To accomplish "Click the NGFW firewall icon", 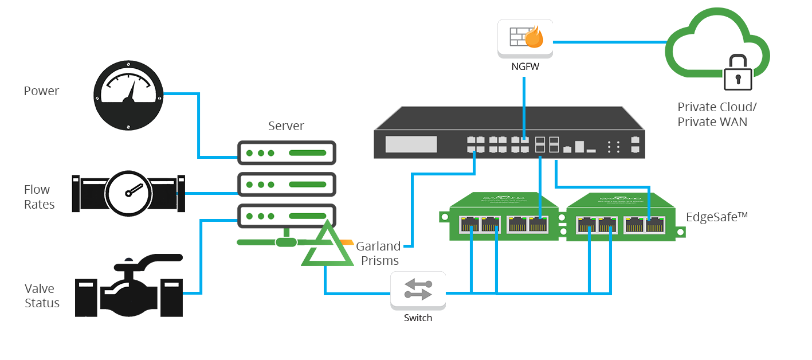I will point(525,38).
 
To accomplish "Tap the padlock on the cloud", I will point(737,73).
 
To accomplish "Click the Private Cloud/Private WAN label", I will point(716,114).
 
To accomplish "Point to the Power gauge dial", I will point(128,96).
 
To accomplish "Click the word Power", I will point(41,91).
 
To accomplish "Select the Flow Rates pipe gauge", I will point(128,193).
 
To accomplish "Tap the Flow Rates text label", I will point(39,197).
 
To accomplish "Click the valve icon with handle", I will point(129,286).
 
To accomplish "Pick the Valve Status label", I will point(42,296).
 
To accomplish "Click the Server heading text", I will point(286,126).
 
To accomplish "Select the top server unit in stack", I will point(286,153).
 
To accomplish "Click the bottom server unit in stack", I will point(286,216).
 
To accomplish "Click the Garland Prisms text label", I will point(378,253).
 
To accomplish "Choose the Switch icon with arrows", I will point(418,289).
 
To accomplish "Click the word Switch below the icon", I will point(418,318).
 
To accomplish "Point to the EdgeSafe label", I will point(717,217).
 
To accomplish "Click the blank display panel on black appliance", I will point(410,144).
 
